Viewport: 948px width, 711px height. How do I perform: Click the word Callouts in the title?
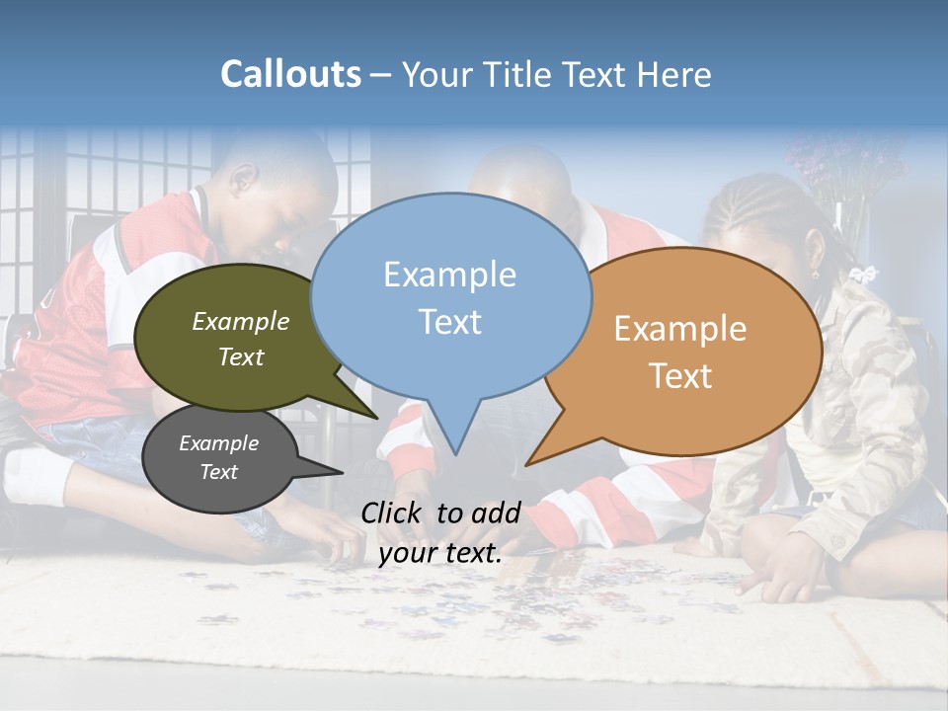290,75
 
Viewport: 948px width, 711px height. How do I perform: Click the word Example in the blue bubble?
449,275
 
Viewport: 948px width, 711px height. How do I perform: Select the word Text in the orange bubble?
681,375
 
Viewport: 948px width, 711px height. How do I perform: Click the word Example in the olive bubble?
241,322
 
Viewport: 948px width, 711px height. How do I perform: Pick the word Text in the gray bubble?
218,472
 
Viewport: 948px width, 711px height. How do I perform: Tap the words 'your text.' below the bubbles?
440,553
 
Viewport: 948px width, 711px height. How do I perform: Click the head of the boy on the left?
281,183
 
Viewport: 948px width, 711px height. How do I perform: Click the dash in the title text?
381,75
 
